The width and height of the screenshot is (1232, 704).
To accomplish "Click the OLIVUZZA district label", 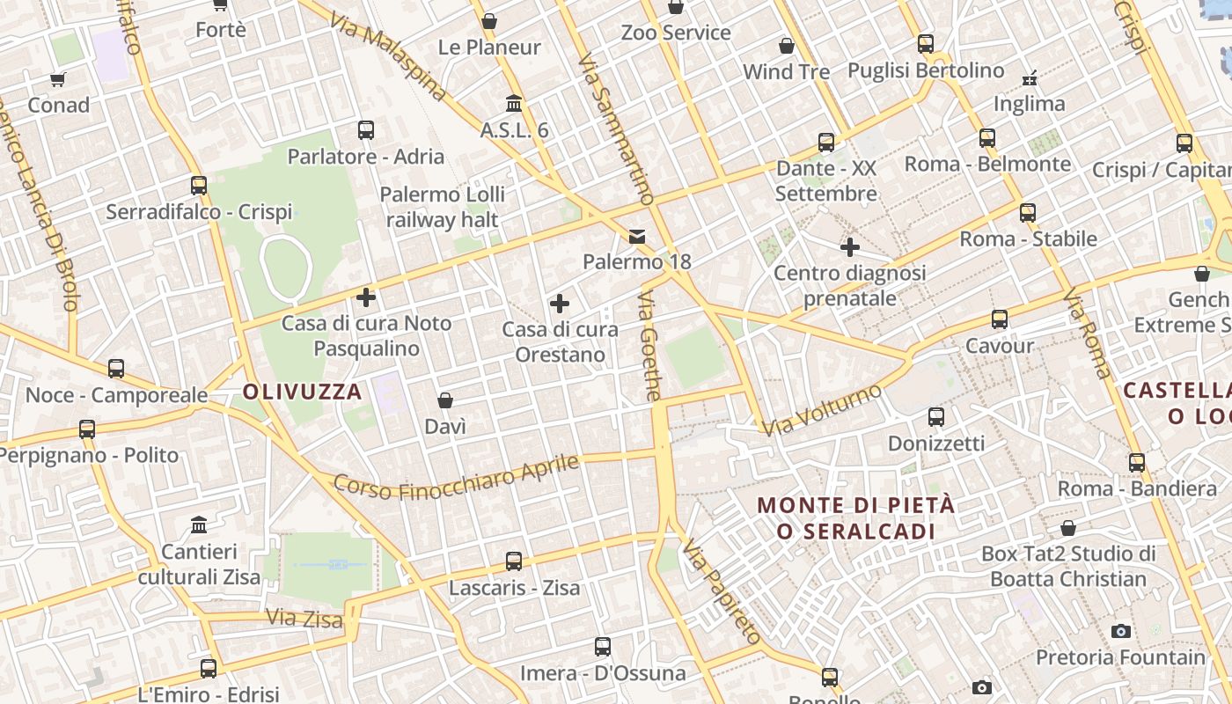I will tap(302, 392).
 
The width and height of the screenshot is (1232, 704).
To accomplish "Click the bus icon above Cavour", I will tap(999, 319).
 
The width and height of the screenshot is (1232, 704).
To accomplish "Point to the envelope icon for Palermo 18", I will tap(637, 236).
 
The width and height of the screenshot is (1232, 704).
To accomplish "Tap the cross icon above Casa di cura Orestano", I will tap(560, 304).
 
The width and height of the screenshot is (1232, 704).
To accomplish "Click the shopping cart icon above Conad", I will tap(58, 80).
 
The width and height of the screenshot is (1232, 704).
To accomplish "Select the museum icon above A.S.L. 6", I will tap(514, 104).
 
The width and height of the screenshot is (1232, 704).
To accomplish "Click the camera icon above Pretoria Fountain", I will tap(1120, 631).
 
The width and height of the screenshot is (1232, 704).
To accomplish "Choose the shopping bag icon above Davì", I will tap(445, 400).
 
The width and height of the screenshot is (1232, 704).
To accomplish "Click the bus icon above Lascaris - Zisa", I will tap(514, 561).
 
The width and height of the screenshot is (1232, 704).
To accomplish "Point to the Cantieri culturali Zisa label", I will tap(199, 564).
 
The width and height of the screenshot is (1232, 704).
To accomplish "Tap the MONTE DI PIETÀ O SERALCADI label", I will tap(855, 518).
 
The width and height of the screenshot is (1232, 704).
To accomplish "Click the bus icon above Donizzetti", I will tap(936, 417).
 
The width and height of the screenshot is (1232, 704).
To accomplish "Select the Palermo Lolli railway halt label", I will tap(443, 207).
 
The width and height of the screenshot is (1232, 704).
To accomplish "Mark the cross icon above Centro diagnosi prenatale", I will tap(849, 247).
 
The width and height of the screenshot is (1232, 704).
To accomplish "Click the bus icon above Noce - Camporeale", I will tap(116, 369).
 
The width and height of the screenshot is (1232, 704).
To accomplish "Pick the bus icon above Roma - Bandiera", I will tap(1137, 462).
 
